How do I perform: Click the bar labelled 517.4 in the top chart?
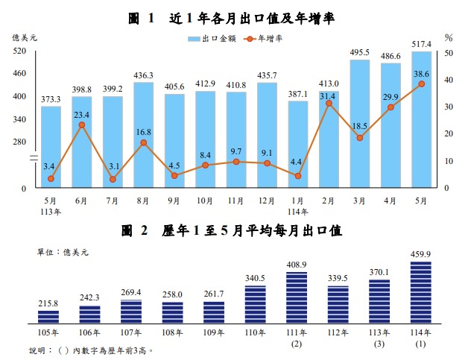(x=422, y=119)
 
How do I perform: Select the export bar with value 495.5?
(x=360, y=124)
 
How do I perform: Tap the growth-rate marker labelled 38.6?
(x=422, y=83)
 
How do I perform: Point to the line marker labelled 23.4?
(x=82, y=124)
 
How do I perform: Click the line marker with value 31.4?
(x=329, y=103)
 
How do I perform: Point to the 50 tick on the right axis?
(x=449, y=53)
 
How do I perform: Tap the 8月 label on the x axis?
(x=144, y=200)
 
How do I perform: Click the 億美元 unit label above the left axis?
(x=22, y=37)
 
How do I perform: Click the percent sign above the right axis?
(x=449, y=37)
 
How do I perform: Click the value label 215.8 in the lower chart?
(x=49, y=303)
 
